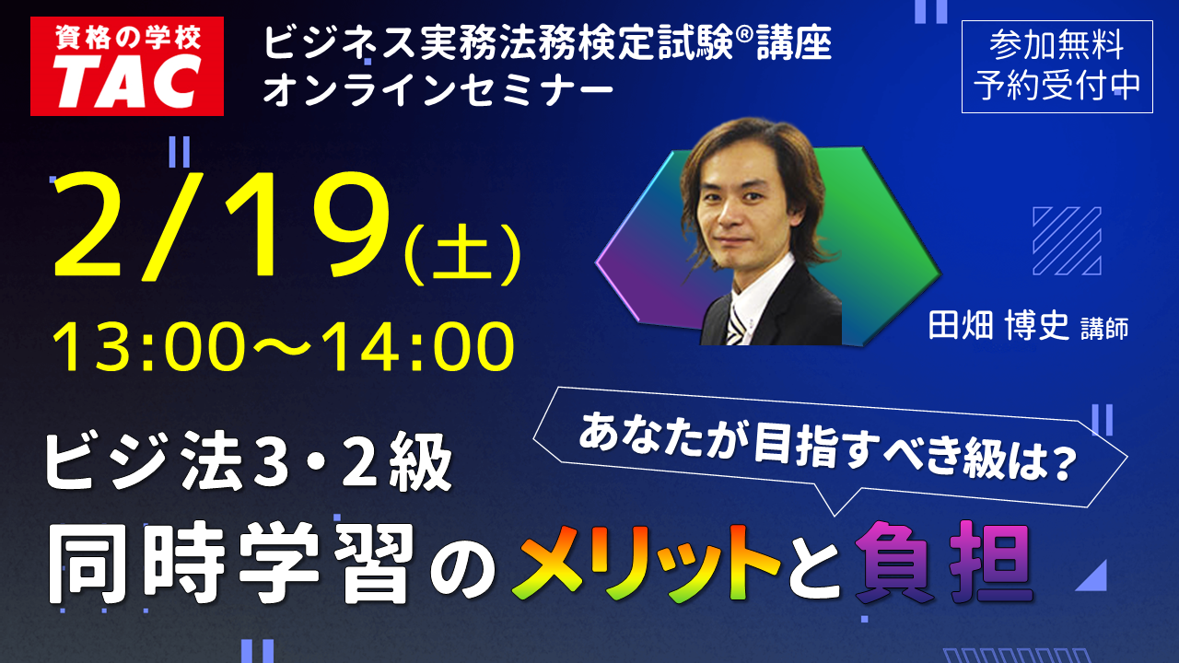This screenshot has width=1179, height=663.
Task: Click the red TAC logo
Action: tap(127, 66)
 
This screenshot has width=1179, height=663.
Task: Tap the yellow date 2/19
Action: tap(222, 227)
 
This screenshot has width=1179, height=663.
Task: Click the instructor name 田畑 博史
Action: tap(998, 326)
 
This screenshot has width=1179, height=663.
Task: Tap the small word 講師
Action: tap(1104, 329)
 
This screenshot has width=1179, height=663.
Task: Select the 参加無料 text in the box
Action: tap(1056, 45)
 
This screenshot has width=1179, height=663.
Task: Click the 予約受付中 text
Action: tap(1056, 85)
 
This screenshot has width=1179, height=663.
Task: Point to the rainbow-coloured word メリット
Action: tap(646, 563)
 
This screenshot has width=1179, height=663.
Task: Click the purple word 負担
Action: tap(943, 562)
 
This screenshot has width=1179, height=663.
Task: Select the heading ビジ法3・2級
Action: tap(249, 461)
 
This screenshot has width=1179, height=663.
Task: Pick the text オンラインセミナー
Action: tap(438, 89)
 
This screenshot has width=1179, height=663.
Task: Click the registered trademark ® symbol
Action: tap(744, 35)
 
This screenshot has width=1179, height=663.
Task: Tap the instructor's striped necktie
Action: tap(736, 324)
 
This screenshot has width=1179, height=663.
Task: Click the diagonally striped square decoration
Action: tap(1067, 241)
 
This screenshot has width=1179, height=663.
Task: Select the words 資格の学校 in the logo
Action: tap(127, 38)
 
